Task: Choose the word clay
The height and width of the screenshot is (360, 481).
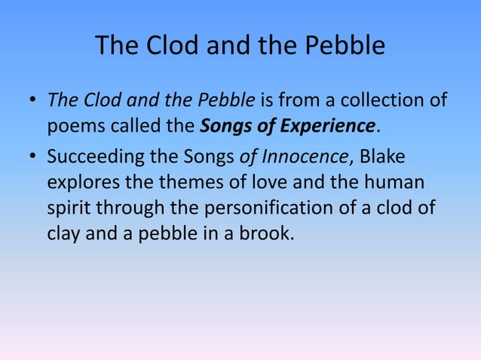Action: [64, 233]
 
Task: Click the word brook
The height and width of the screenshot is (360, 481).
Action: [264, 233]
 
